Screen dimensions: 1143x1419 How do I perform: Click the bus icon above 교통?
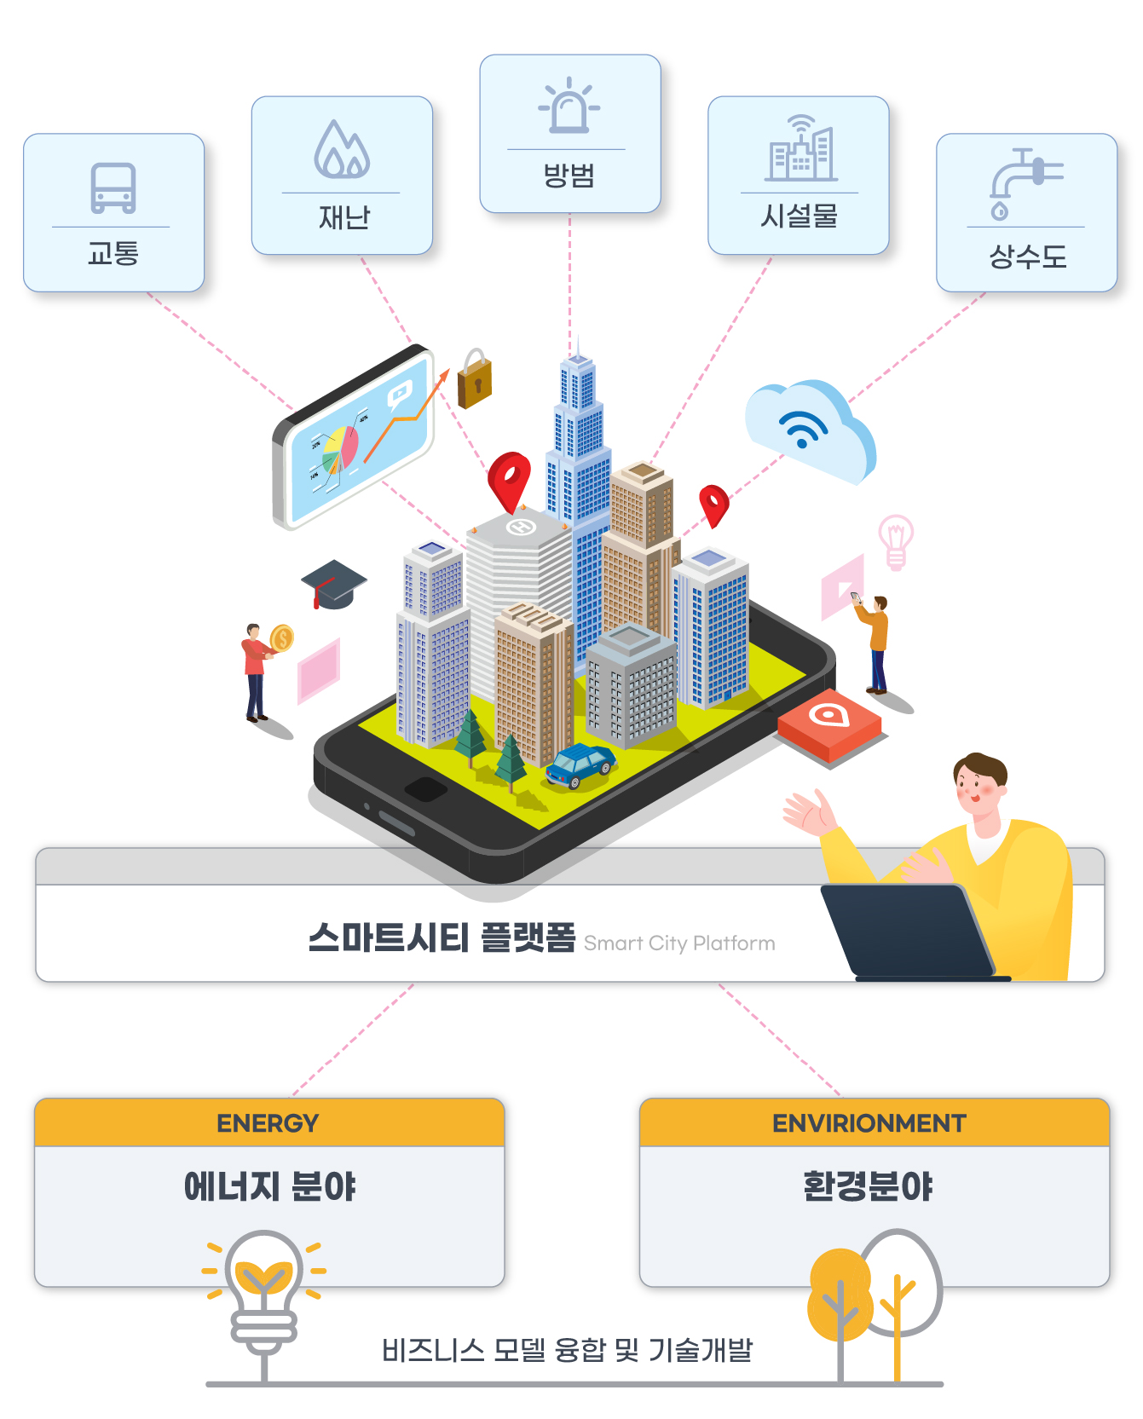pos(113,187)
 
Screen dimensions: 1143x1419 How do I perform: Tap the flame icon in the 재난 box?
pos(342,149)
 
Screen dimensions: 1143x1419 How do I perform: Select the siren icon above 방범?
pos(569,106)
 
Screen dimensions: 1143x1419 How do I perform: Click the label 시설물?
pos(799,216)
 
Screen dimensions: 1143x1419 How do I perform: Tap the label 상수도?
pos(1027,256)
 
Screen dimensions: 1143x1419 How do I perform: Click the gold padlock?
pos(475,379)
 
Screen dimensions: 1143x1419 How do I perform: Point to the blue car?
pos(580,764)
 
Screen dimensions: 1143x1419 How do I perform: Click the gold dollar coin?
pos(281,637)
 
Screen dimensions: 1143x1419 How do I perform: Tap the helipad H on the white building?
pos(521,528)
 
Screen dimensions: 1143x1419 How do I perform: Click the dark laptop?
pos(912,932)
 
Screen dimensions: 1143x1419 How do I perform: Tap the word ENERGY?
pos(268,1123)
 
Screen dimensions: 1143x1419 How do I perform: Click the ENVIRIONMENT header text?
pos(869,1123)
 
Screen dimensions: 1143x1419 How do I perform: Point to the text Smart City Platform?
pos(679,943)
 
